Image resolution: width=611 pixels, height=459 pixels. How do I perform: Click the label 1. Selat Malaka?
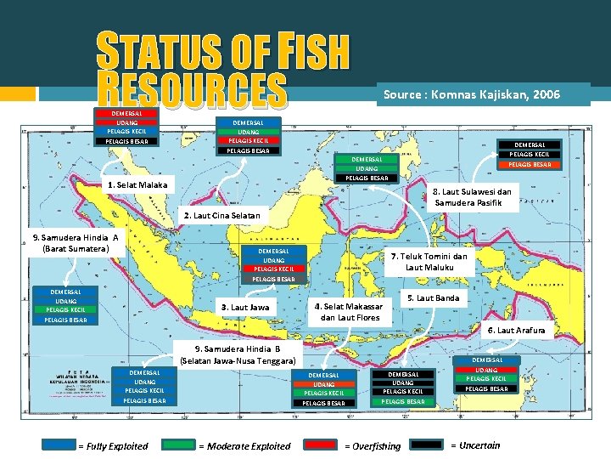click(x=137, y=185)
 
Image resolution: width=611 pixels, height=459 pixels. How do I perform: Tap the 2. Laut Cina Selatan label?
click(x=222, y=216)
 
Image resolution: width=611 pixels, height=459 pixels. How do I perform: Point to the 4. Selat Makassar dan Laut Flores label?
click(x=348, y=312)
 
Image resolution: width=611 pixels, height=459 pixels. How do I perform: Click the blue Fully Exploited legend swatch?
click(x=59, y=445)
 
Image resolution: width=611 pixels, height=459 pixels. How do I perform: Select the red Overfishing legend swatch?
click(x=322, y=445)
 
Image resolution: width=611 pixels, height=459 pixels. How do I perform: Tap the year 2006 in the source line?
click(x=543, y=95)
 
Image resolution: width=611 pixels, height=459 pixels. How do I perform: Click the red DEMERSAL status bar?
click(x=126, y=113)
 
